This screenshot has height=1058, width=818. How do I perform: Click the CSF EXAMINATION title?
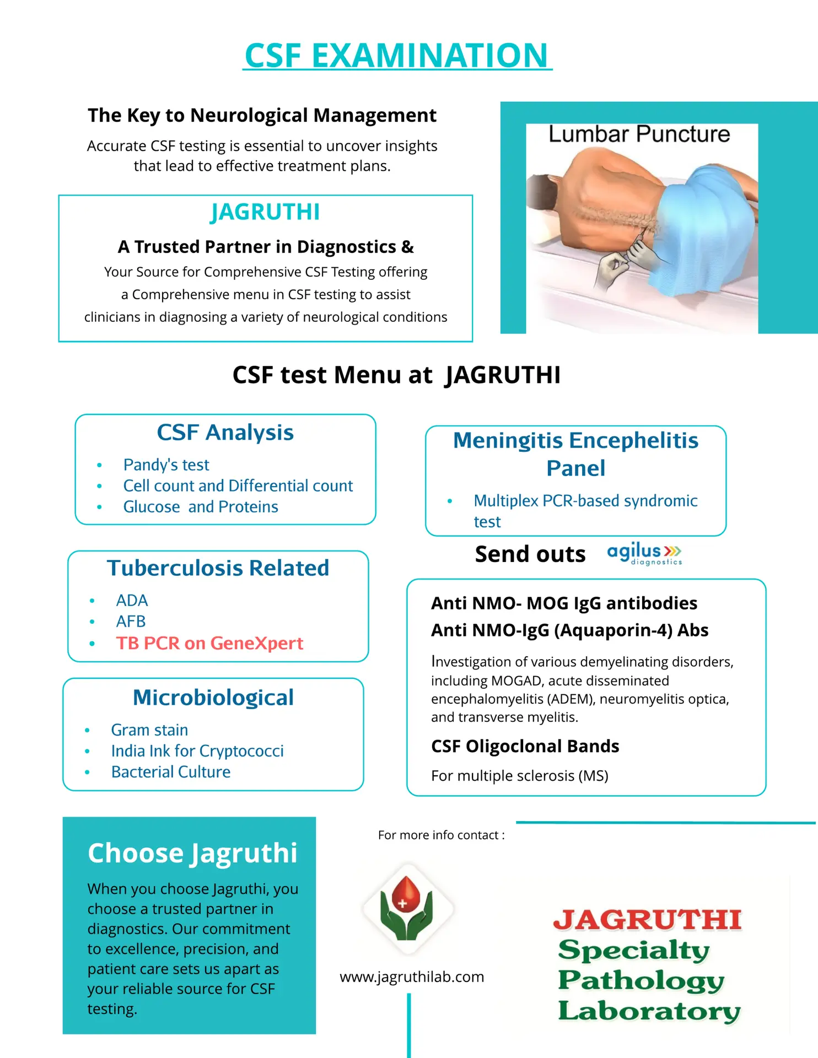(x=397, y=56)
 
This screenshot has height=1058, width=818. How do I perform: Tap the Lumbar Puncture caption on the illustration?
(x=639, y=134)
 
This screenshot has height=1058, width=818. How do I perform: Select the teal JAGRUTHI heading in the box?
(x=265, y=212)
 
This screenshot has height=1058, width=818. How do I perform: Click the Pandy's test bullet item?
(x=166, y=465)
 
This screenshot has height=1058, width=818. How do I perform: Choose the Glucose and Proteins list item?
(x=201, y=507)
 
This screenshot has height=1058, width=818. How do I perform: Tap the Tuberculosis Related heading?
(x=218, y=568)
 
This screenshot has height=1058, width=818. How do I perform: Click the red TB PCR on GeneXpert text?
(x=209, y=643)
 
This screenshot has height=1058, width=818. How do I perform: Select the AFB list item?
(x=131, y=622)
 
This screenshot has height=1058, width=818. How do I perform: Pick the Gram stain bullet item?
(x=149, y=730)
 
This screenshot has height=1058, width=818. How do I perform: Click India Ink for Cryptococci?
(x=197, y=751)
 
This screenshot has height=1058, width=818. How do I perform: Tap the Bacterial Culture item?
(x=171, y=772)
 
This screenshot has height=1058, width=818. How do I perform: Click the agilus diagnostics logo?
(x=644, y=553)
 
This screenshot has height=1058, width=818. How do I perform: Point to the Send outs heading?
(x=530, y=554)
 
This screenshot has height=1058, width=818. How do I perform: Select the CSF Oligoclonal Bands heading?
(x=525, y=746)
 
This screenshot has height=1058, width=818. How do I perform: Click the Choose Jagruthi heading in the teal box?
(x=192, y=853)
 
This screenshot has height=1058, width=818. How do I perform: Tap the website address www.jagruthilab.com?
(x=412, y=977)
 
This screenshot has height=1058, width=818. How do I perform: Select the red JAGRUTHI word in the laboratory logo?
(x=647, y=920)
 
